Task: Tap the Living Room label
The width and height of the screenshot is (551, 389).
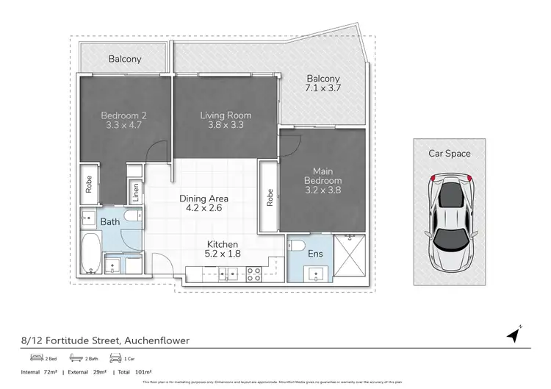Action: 226,115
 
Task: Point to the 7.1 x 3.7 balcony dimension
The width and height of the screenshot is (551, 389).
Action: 324,88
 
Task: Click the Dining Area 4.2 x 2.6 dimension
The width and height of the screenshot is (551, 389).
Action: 204,208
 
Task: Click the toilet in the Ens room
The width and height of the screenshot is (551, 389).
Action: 297,246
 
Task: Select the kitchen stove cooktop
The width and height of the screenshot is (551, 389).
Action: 254,275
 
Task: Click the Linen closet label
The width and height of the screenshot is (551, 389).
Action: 136,192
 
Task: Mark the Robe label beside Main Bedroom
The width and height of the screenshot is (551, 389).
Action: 269,196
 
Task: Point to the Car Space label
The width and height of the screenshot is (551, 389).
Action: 449,154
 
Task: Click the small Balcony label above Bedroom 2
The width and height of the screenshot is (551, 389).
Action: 125,59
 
